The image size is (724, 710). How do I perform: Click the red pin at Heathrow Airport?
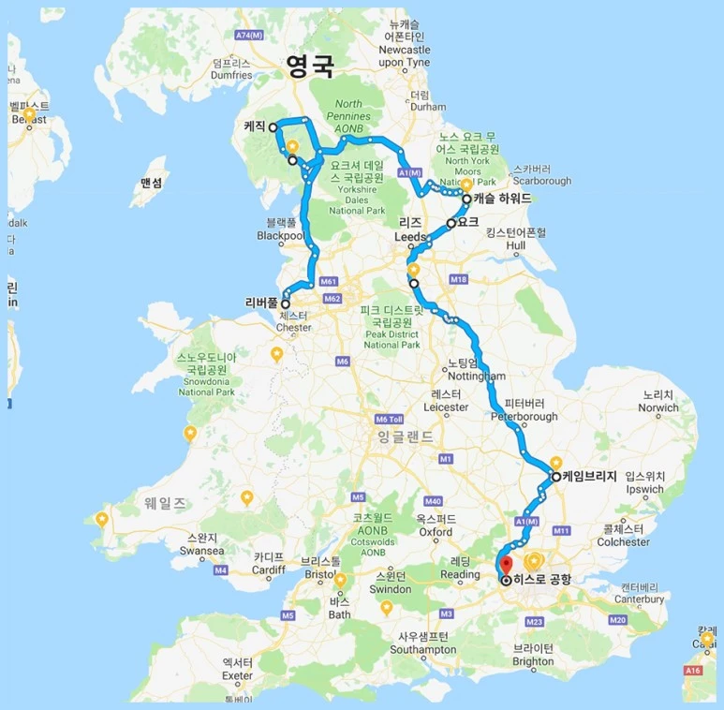[505, 566]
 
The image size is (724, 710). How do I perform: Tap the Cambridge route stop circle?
[555, 477]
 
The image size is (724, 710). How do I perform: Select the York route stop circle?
[451, 224]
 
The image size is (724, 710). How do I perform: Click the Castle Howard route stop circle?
[466, 200]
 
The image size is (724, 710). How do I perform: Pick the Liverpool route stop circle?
[285, 303]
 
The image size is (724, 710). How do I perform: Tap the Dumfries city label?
[232, 68]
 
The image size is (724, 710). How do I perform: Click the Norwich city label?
[660, 402]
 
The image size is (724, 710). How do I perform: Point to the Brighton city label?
[533, 655]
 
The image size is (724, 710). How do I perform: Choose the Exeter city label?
[237, 669]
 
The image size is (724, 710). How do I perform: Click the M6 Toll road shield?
[388, 419]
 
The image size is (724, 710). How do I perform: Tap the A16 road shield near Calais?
[693, 671]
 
